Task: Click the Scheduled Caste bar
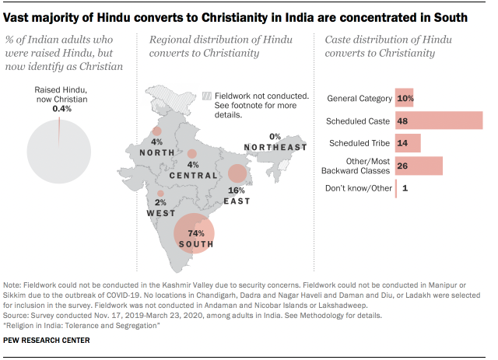(439, 121)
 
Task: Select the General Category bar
(405, 99)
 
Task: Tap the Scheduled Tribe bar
(408, 143)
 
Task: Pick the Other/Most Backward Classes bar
(419, 166)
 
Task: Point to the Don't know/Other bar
(396, 188)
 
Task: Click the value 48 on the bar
(403, 121)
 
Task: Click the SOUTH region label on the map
(195, 245)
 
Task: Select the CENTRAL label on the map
(194, 176)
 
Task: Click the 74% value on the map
(195, 233)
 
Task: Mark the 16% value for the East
(237, 190)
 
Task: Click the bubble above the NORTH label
(157, 131)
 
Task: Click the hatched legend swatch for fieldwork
(206, 96)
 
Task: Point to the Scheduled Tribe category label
(359, 144)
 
